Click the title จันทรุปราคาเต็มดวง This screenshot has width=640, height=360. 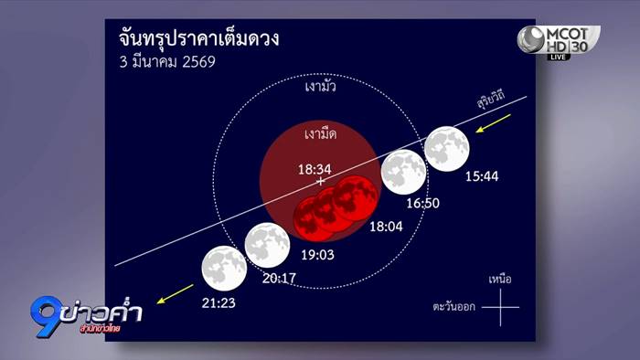(198, 40)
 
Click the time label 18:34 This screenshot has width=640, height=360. (314, 169)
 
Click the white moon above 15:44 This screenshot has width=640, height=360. (448, 149)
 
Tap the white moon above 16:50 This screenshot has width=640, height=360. (403, 172)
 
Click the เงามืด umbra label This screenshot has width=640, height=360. (321, 133)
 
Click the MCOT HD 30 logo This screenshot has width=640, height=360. (558, 41)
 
